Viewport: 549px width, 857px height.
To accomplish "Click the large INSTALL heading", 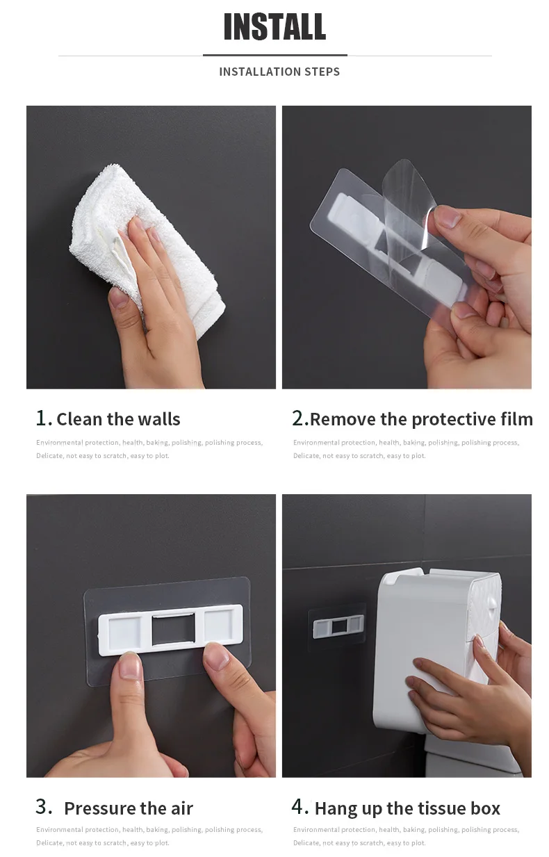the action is pos(274,26).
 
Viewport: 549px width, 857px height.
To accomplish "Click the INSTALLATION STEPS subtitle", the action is pos(279,72).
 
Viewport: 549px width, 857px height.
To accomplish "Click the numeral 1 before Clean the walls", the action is pos(42,418).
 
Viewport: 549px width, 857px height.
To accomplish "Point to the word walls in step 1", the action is pos(158,419).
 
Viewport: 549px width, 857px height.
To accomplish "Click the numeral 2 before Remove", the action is pos(297,418).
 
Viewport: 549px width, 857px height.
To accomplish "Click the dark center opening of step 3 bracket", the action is pos(173,629).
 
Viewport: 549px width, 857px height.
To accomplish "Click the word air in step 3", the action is pos(181,808).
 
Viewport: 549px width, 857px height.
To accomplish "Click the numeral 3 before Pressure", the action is pos(43,806).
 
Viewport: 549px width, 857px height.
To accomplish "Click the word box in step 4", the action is pos(485,808).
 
